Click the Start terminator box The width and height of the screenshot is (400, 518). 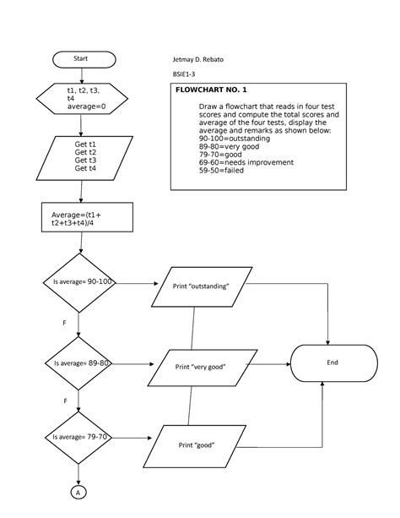pos(81,59)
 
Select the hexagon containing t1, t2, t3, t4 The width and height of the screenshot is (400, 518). pos(81,98)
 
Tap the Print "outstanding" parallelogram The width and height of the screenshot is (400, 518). pos(201,286)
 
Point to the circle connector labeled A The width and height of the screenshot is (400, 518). pos(78,492)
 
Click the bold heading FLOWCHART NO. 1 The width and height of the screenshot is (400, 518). pos(211,90)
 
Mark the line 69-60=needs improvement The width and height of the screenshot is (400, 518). pos(246,161)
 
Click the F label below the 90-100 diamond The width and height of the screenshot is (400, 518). pos(64,323)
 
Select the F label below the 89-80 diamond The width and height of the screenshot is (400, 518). pos(64,401)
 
